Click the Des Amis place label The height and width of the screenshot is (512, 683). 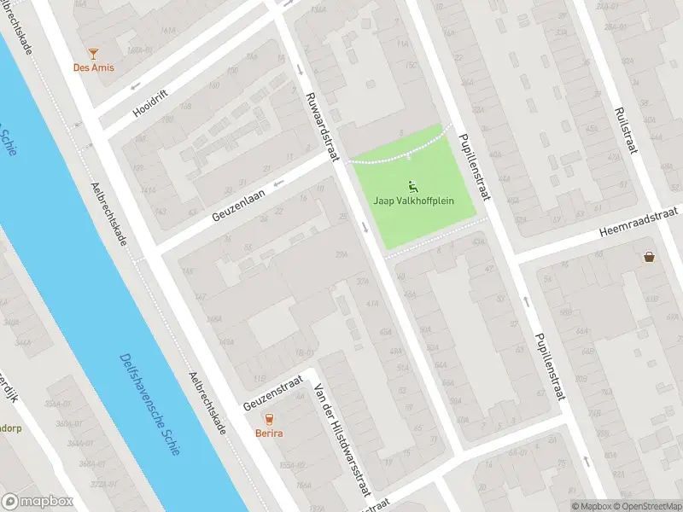[94, 67]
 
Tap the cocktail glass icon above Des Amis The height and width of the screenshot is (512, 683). [94, 53]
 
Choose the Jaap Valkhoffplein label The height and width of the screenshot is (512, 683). [413, 201]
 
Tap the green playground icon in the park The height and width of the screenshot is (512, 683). [413, 185]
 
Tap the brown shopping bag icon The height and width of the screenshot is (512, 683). [650, 255]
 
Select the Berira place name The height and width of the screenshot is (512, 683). [270, 433]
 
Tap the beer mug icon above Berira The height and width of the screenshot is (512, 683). [270, 418]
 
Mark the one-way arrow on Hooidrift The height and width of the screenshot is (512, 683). [136, 87]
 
